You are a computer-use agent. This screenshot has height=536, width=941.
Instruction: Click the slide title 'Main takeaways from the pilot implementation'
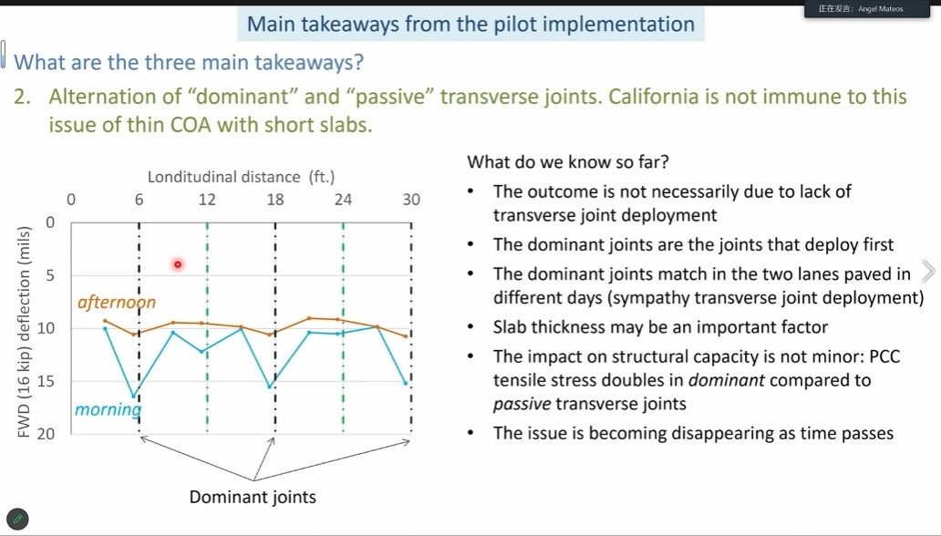(470, 24)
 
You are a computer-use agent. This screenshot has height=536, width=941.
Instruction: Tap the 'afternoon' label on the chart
(117, 302)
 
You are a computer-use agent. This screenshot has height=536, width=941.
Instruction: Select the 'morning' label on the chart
(108, 409)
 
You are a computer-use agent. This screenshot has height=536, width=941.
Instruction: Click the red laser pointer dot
(178, 264)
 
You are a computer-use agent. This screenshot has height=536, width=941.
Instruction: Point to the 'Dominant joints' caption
(253, 497)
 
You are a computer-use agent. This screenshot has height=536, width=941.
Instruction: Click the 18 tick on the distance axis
(274, 200)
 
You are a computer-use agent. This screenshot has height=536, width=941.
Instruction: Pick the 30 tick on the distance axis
(411, 200)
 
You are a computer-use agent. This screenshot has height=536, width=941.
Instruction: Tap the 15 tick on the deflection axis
(46, 381)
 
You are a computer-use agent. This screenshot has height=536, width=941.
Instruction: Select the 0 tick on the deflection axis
(50, 222)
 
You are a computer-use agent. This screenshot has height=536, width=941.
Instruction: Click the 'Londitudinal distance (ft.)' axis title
(242, 177)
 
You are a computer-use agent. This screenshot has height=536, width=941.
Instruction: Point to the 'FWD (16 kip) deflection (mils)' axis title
(24, 332)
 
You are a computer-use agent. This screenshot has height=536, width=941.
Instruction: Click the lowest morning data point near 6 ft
(134, 397)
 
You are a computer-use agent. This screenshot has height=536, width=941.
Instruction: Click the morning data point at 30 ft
(407, 383)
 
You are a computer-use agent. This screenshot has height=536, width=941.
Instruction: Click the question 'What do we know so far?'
(568, 162)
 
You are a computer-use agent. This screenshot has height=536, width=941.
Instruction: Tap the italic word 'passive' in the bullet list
(522, 404)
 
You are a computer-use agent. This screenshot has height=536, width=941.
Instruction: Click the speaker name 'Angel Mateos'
(881, 9)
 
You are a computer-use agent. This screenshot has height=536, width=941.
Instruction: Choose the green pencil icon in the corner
(17, 519)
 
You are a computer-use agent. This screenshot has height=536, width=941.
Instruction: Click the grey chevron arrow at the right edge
(928, 271)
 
